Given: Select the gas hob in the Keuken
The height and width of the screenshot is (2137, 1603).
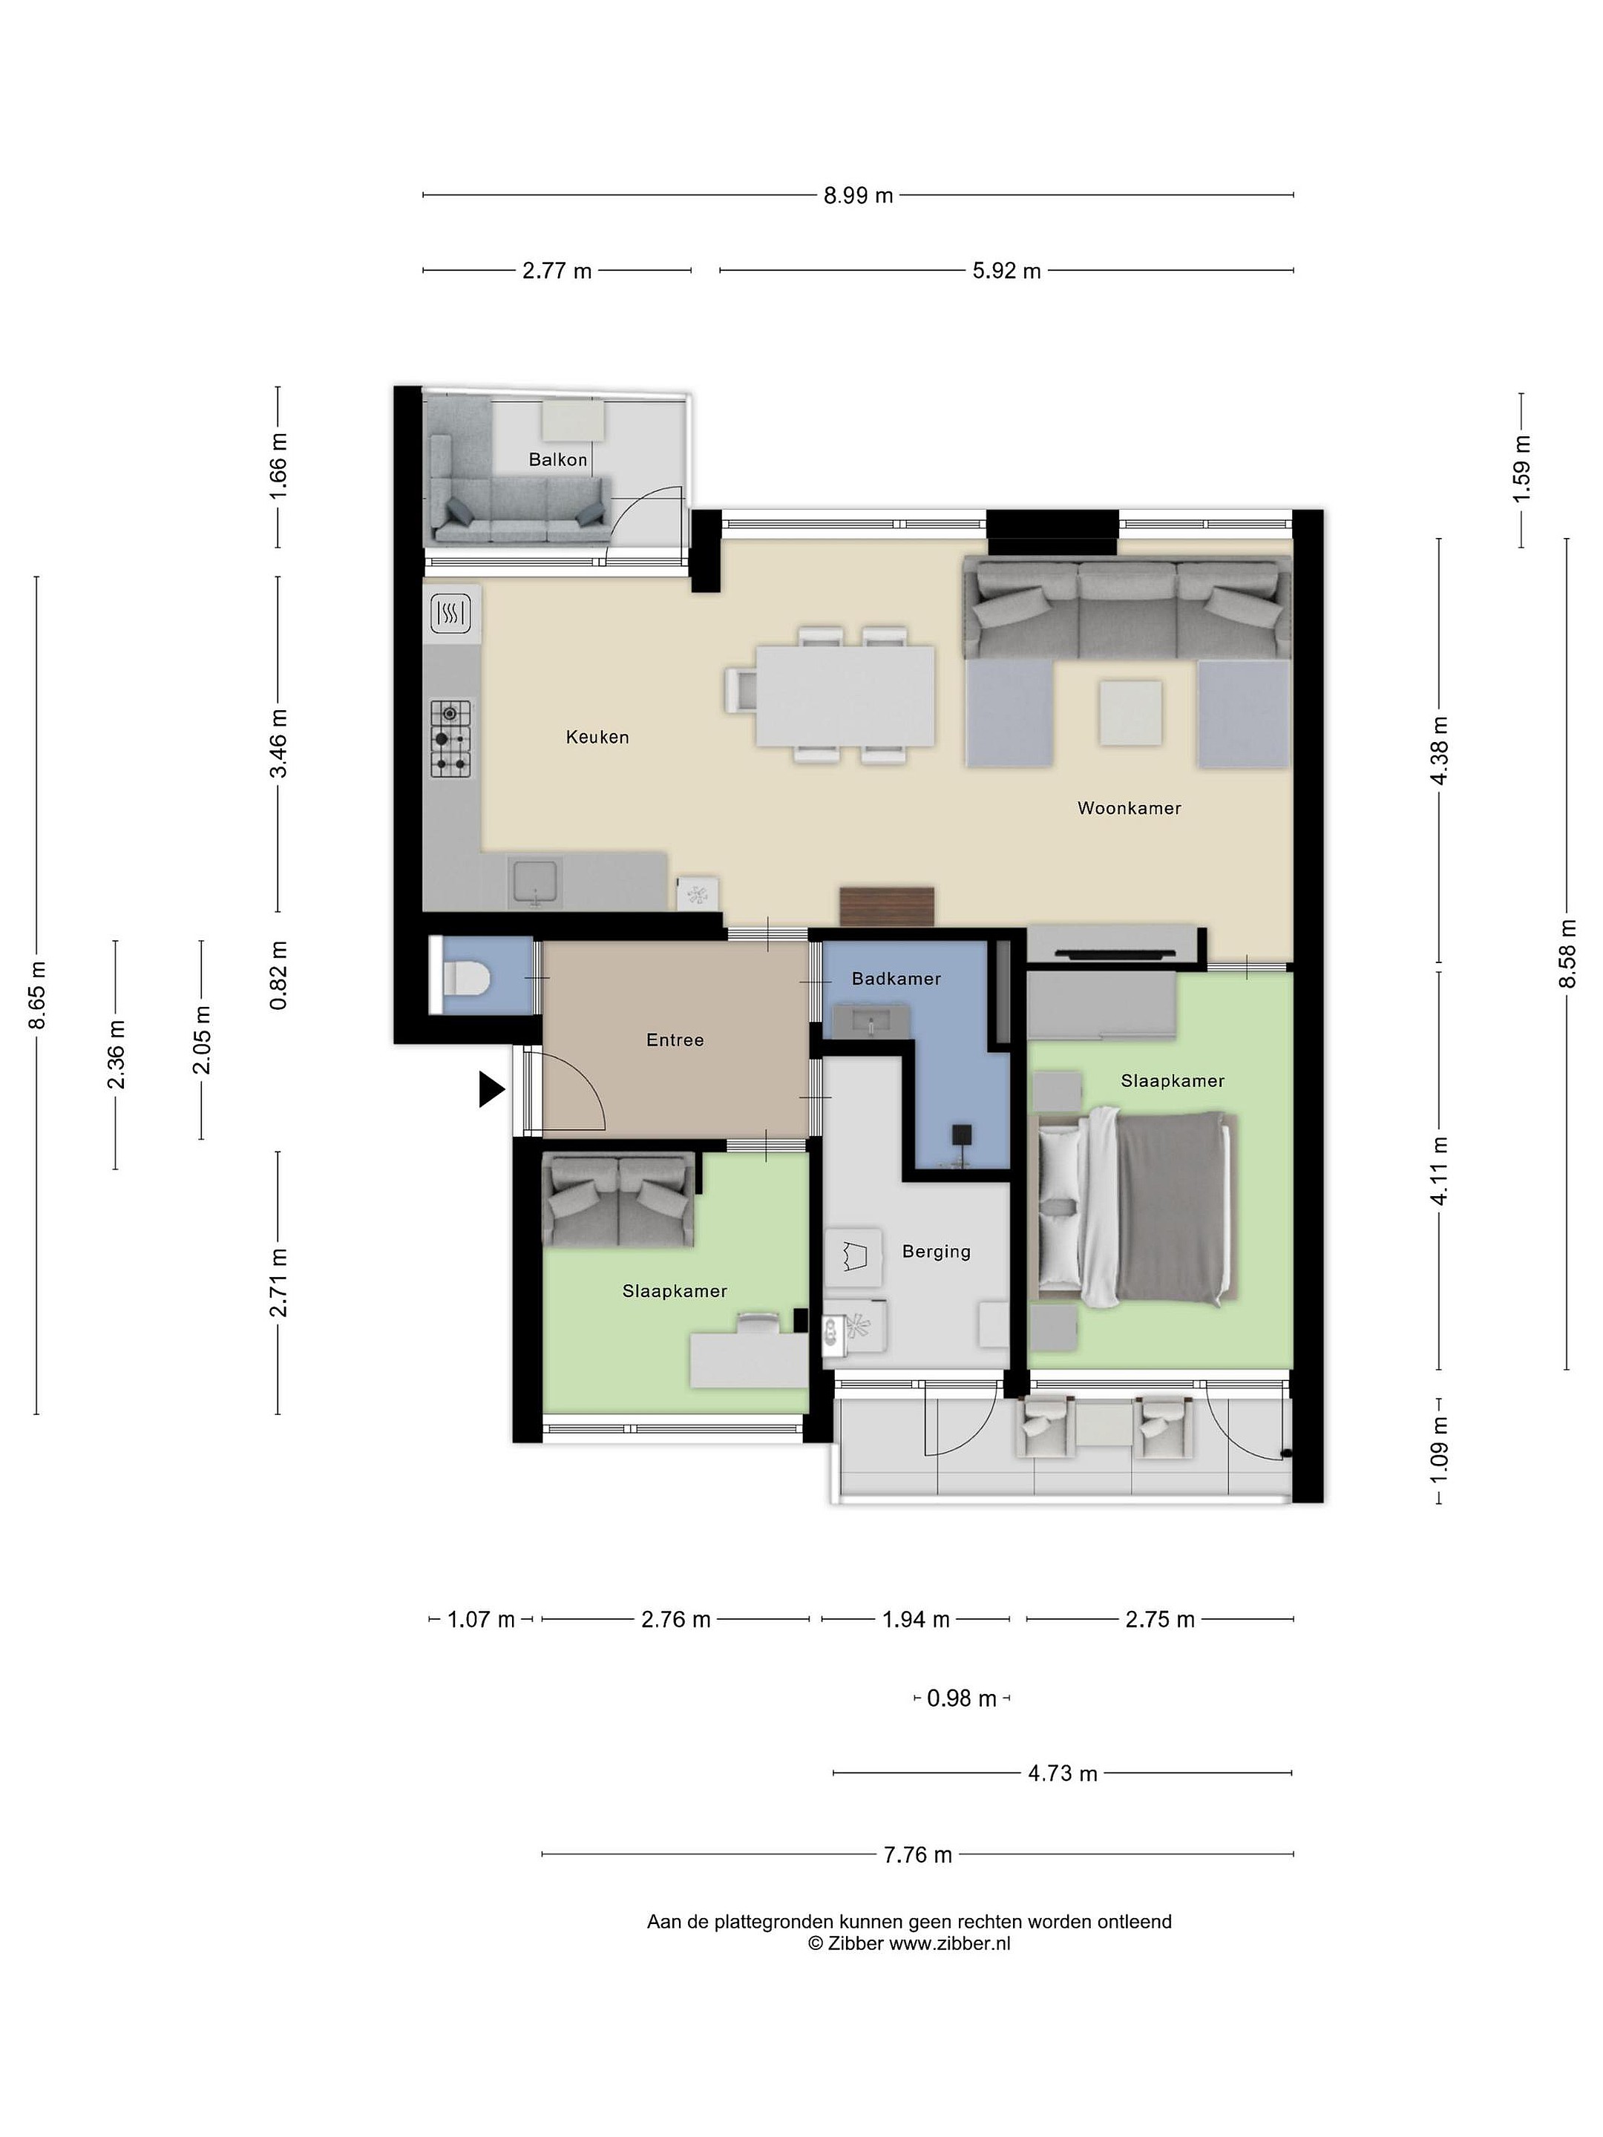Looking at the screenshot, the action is click(451, 739).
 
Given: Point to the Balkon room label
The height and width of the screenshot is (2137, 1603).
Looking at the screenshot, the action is click(557, 460).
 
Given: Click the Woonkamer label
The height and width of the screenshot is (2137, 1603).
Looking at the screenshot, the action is click(1129, 809).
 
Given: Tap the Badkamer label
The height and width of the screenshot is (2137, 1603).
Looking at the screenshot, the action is click(896, 979).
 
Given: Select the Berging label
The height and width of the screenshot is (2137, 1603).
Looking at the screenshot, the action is click(935, 1252).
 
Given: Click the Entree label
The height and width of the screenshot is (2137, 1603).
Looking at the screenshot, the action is click(675, 1040).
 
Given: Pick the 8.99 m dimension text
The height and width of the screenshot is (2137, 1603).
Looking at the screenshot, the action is click(858, 196).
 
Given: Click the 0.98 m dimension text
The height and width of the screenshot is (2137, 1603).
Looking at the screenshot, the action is click(961, 1698).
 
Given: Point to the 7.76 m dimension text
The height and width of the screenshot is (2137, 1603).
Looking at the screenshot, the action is click(917, 1854).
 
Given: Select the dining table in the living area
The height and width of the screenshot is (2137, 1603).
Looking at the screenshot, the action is click(845, 695).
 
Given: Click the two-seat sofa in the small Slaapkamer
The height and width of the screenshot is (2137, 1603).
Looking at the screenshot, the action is click(618, 1201).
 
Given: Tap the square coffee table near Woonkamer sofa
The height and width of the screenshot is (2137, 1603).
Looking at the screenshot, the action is click(1130, 713).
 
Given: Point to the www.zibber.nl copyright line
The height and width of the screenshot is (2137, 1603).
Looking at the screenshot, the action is click(909, 1945).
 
